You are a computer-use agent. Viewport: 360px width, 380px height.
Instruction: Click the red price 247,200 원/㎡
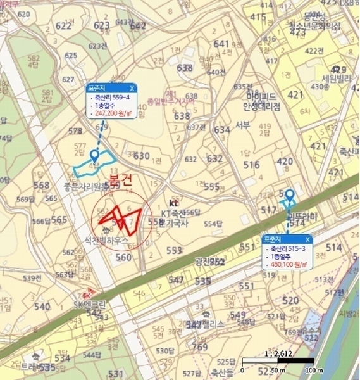click(111, 115)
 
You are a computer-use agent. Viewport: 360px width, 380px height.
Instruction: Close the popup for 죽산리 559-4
click(131, 88)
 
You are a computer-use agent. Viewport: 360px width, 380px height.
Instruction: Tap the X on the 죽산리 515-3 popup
click(307, 239)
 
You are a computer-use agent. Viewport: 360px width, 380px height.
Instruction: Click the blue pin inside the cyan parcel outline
click(94, 155)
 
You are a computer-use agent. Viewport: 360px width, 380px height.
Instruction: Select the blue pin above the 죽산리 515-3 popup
click(289, 195)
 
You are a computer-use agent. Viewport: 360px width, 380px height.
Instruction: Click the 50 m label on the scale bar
click(279, 370)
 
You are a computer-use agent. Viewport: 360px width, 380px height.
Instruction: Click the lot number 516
click(251, 165)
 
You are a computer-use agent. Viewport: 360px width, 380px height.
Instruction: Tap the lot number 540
click(42, 307)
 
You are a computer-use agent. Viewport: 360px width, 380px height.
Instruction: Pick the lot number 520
click(290, 300)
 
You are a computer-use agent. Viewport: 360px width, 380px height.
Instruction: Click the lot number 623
click(101, 26)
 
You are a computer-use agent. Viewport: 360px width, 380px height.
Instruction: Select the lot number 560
click(123, 257)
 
